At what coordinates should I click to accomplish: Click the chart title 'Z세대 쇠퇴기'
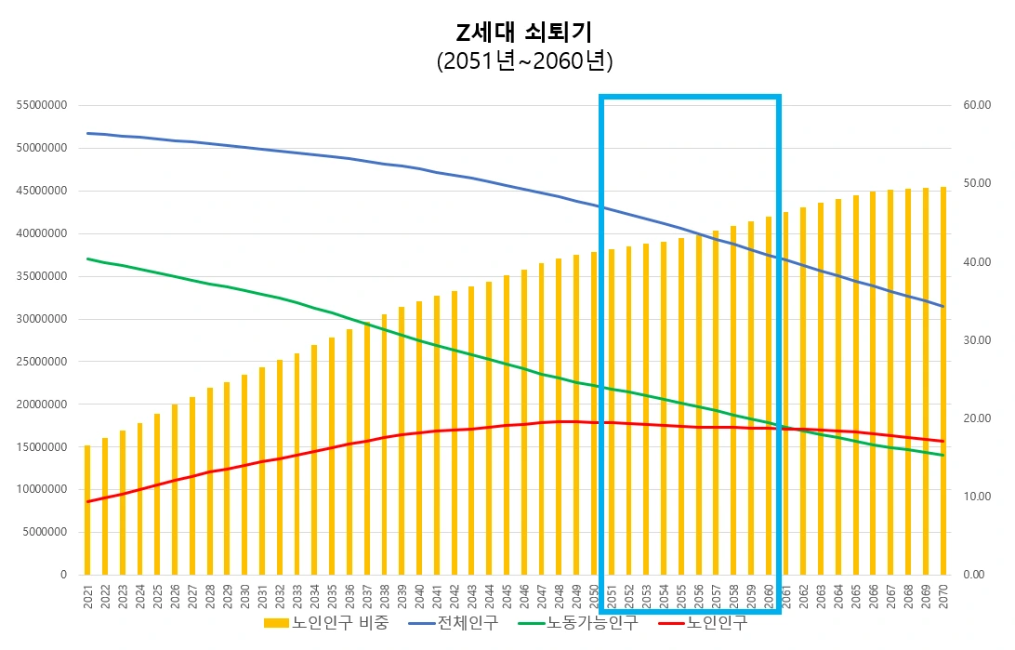(x=524, y=33)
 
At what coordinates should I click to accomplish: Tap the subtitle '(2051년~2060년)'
(x=524, y=61)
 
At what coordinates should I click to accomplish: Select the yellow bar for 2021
(x=87, y=511)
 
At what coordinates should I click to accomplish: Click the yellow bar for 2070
(x=943, y=381)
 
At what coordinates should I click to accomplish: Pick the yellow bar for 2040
(x=419, y=437)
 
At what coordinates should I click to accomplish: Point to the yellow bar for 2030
(x=244, y=474)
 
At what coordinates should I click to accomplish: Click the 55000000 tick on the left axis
(x=41, y=105)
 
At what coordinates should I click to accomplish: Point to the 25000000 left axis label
(x=41, y=362)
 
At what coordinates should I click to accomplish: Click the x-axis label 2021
(x=88, y=596)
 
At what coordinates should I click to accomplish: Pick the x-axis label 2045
(x=507, y=596)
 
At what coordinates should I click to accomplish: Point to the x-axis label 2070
(x=943, y=596)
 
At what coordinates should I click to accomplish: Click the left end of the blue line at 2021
(x=88, y=133)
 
